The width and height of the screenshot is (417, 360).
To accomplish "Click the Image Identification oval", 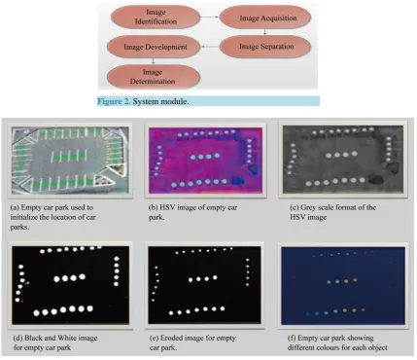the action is [x=156, y=17].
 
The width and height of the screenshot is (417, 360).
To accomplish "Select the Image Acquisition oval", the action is [x=265, y=18].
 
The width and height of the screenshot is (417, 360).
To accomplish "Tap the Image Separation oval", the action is [x=265, y=47].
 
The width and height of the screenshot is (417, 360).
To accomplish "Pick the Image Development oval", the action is [x=155, y=47].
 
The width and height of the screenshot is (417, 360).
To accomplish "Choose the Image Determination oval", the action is [x=154, y=77].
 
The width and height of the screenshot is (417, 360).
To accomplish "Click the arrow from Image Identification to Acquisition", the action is [x=209, y=17].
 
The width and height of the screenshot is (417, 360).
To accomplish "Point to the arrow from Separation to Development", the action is [x=210, y=47].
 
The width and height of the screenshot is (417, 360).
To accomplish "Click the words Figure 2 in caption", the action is [x=114, y=101].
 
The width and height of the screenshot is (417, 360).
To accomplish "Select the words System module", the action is [x=160, y=101].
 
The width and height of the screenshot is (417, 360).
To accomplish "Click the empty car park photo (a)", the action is [x=70, y=161].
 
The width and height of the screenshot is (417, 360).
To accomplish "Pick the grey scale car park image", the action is [x=343, y=160].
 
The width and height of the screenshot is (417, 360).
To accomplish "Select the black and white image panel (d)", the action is [x=70, y=285].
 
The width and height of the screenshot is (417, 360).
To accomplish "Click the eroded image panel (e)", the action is [x=204, y=285].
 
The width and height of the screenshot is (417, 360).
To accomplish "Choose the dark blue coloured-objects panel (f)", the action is [x=343, y=286].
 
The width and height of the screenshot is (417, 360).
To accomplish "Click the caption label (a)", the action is [x=15, y=207].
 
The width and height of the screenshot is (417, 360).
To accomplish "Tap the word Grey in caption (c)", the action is [x=308, y=207].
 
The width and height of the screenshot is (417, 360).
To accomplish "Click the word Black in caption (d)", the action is [x=33, y=338].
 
